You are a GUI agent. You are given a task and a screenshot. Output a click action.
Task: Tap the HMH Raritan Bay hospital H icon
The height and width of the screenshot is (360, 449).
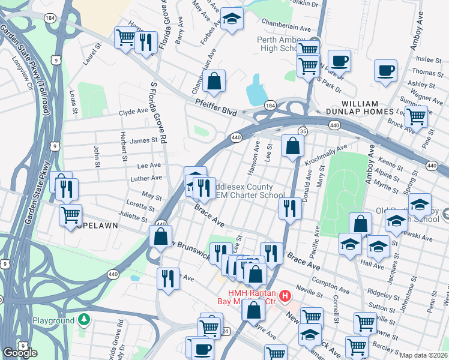(x=285, y=296)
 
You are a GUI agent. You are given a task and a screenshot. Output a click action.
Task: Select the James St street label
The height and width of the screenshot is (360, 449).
(x=143, y=140)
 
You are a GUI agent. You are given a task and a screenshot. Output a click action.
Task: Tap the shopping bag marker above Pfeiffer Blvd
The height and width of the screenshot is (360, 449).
(x=214, y=80)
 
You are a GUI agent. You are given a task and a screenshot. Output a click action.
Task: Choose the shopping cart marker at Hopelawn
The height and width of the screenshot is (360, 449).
(x=70, y=214)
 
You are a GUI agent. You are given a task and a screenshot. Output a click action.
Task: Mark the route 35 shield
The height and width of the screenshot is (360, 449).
(x=303, y=131)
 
